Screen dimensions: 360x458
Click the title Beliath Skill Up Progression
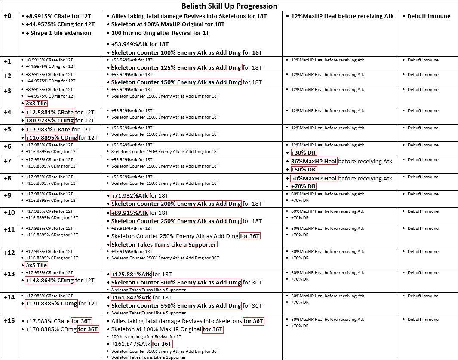pos(229,6)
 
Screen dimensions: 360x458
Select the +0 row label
pos(8,16)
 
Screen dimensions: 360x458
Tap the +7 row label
pos(8,160)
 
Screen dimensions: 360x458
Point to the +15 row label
pos(9,320)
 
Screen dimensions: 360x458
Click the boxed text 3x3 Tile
pos(36,103)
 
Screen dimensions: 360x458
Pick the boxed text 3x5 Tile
pos(36,265)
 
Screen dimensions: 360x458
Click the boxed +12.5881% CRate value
pos(49,113)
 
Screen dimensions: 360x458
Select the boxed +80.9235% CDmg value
pos(49,120)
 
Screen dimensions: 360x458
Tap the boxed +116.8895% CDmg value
pos(51,137)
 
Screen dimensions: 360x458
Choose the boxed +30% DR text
pos(304,153)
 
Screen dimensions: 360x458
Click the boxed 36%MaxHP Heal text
pos(314,161)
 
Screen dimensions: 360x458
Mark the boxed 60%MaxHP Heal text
pos(314,178)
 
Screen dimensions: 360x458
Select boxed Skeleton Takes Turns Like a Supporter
pos(164,244)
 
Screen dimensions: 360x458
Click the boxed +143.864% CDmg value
pos(49,281)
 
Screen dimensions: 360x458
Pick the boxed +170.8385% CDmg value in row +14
pos(51,304)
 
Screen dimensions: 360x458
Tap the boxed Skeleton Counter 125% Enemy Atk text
pos(176,67)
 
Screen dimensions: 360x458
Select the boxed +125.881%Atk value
pos(131,274)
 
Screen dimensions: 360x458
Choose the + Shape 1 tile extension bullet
pos(58,33)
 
